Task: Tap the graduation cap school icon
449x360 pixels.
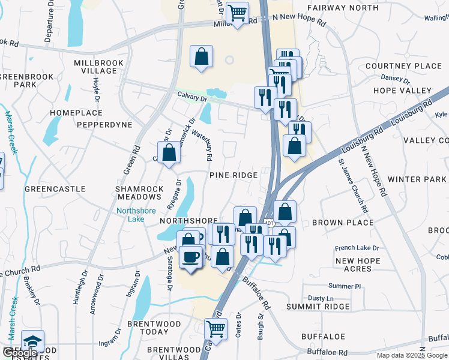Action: coord(32,340)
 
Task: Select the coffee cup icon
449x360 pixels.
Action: coord(191,257)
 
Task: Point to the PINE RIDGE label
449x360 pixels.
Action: coord(234,175)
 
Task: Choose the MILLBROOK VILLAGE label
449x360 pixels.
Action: coord(98,67)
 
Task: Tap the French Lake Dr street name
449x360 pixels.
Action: coord(357,247)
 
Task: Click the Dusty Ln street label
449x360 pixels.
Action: coord(320,298)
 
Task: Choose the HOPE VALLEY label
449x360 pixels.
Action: coord(402,90)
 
